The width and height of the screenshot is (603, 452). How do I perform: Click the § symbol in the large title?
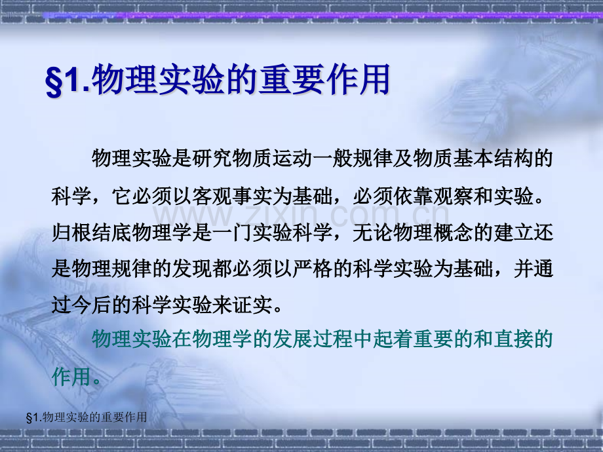[54, 81]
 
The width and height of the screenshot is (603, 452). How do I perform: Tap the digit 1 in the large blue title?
[72, 80]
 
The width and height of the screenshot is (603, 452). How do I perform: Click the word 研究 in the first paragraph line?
[212, 158]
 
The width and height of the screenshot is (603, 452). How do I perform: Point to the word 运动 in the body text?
[292, 158]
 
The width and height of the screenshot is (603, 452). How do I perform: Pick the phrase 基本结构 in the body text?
[493, 158]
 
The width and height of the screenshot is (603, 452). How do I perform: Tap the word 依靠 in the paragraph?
[413, 196]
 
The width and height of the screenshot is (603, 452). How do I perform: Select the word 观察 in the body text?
[453, 196]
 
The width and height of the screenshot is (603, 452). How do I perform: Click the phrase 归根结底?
[92, 233]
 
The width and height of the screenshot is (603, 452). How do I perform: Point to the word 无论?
[372, 233]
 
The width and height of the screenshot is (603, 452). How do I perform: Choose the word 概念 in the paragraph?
[453, 233]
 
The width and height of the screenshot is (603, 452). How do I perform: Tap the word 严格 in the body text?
[312, 269]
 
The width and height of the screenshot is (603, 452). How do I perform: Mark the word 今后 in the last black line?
[92, 305]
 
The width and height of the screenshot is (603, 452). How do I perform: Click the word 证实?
[252, 305]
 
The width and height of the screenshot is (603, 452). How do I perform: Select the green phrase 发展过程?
[312, 339]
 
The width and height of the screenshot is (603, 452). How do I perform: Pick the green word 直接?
[513, 339]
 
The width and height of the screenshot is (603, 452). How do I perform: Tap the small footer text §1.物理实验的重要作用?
[87, 417]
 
